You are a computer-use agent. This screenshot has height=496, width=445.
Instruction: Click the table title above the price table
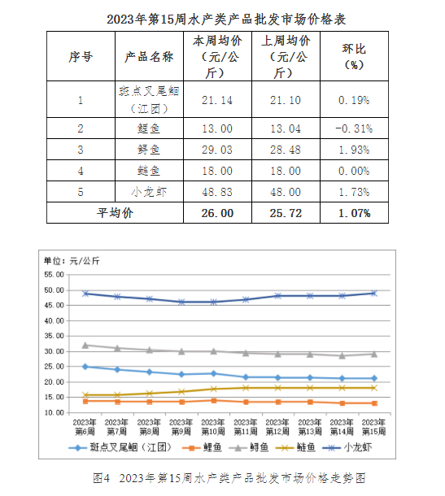(226, 20)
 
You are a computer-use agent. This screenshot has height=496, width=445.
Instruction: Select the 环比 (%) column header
(354, 57)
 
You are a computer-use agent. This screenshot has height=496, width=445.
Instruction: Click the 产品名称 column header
(149, 57)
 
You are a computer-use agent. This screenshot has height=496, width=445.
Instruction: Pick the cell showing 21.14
(217, 100)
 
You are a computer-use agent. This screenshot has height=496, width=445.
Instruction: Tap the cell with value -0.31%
(354, 128)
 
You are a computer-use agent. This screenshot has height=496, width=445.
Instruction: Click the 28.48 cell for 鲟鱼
(286, 150)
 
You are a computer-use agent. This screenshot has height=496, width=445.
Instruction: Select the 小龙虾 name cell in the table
(149, 192)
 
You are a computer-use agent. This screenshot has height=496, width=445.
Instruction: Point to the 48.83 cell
(217, 192)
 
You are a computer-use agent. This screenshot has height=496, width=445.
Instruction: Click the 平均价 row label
(115, 213)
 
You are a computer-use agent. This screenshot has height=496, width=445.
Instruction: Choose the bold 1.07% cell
(354, 213)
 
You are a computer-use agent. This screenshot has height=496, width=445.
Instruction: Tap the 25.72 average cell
(286, 213)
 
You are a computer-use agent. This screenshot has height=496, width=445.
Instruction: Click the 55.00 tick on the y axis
(54, 275)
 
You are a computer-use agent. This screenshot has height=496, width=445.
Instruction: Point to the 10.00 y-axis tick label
(54, 412)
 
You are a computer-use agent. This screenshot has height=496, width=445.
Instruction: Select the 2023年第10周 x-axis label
(213, 427)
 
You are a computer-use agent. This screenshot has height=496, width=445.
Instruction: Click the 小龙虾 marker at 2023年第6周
(85, 294)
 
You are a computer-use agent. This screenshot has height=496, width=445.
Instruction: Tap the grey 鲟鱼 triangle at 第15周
(374, 354)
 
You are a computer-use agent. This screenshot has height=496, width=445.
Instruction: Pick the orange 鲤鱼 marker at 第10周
(214, 401)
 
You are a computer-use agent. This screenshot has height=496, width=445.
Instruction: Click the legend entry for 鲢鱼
(295, 447)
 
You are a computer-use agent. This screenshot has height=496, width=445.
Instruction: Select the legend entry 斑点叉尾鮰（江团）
(120, 447)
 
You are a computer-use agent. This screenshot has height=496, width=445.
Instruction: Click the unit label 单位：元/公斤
(72, 261)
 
